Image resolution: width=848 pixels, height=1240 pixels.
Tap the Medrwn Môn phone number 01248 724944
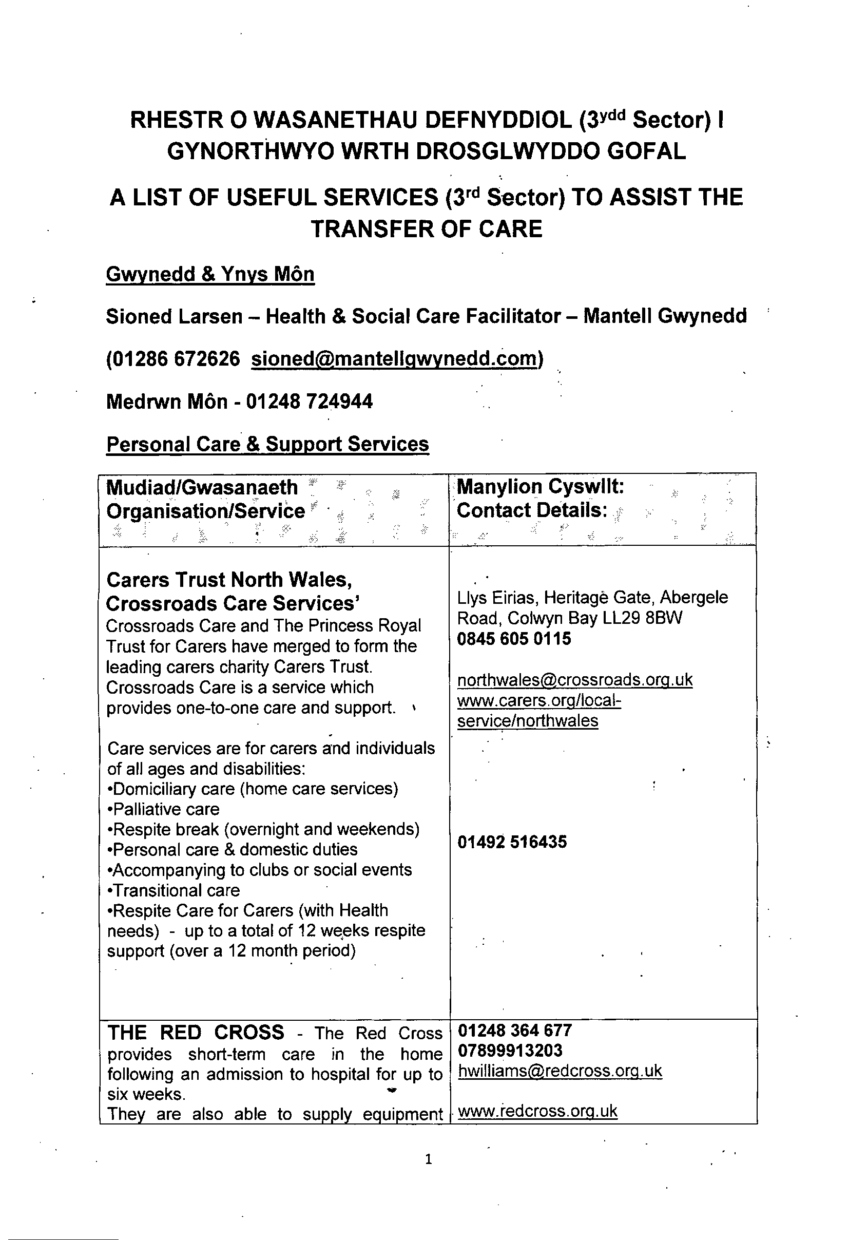[310, 401]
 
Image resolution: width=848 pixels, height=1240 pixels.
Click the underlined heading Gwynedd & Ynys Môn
[210, 274]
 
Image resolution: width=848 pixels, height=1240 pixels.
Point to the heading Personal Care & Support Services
[267, 444]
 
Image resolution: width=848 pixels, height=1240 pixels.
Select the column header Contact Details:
[532, 510]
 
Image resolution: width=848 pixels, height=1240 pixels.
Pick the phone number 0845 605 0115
[514, 639]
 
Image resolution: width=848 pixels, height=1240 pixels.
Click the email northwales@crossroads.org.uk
[574, 680]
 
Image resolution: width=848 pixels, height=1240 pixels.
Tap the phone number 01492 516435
[512, 842]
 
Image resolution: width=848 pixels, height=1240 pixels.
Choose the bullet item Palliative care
[164, 809]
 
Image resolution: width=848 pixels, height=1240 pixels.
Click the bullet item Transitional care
[175, 890]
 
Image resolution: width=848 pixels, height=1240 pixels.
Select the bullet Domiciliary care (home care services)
[254, 789]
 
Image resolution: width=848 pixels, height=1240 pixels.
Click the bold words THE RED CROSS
[196, 1033]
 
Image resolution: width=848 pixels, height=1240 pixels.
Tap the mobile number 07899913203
[510, 1051]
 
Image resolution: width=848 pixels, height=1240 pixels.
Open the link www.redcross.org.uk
[537, 1112]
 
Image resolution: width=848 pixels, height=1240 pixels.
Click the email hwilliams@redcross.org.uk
[560, 1071]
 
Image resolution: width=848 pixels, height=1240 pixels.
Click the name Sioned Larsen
[174, 316]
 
